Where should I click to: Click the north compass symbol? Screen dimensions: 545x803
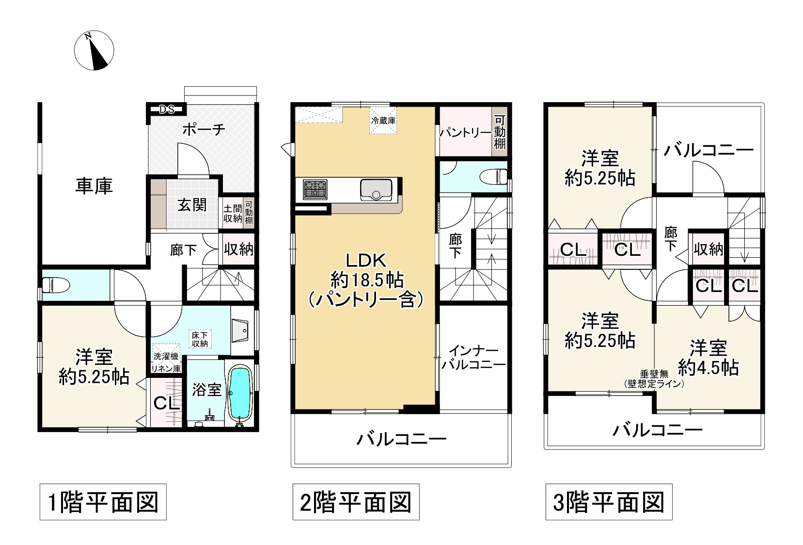coord(94,50)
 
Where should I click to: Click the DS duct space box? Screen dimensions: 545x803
coord(167,109)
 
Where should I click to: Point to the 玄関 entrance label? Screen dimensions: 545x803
coord(192,205)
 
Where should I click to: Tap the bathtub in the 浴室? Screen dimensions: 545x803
coord(239,394)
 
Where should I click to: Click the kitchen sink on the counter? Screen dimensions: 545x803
coord(376,189)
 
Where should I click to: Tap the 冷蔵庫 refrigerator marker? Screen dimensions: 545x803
coord(383,121)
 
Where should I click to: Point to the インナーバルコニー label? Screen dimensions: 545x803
coord(473,358)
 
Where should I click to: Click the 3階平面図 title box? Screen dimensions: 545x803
coord(608,502)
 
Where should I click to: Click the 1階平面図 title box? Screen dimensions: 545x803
coord(103,502)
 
